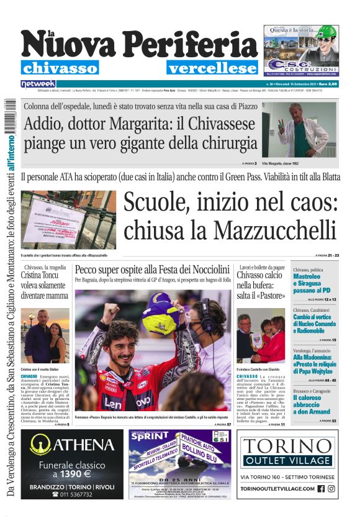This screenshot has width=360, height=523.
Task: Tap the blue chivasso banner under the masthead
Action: [x=60, y=68]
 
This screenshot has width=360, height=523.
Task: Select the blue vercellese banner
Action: [x=212, y=68]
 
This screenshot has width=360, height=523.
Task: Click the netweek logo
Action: [x=38, y=83]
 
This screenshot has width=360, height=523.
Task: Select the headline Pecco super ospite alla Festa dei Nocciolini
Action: [x=152, y=269]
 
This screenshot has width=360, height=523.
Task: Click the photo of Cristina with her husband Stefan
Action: [x=45, y=333]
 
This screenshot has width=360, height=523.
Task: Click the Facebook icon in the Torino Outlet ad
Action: [x=321, y=488]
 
